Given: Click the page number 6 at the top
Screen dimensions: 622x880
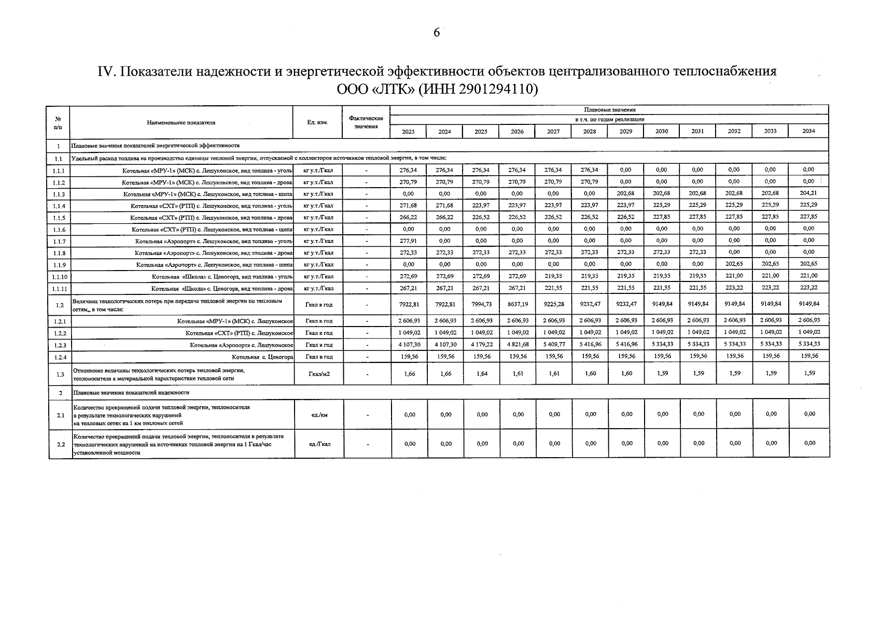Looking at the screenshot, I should tap(437, 33).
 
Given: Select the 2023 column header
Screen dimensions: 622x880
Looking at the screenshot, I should tap(408, 132).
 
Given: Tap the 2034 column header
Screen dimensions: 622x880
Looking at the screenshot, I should tap(808, 131).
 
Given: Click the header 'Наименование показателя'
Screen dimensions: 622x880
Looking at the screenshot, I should tap(181, 122).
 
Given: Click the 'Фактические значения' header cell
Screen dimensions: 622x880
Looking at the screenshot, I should tap(366, 122).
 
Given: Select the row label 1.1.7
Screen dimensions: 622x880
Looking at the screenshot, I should tap(59, 242).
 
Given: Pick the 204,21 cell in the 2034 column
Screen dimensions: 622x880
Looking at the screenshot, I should tap(808, 193).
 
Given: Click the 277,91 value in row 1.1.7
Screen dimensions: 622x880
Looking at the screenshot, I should tap(408, 241).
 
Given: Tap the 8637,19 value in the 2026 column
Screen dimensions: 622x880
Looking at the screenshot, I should tap(517, 304).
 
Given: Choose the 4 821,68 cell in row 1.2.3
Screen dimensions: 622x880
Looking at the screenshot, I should tap(517, 344).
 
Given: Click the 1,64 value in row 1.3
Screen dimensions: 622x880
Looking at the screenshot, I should tap(481, 374).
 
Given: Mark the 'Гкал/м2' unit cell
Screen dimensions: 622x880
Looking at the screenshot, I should tap(318, 374).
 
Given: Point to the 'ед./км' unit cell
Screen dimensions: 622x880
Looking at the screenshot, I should tap(318, 415).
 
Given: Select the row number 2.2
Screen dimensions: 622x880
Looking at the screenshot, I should tap(60, 444).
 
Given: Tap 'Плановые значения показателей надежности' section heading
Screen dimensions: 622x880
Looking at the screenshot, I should tap(132, 392).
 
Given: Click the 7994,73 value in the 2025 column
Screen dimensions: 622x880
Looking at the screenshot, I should tap(481, 304).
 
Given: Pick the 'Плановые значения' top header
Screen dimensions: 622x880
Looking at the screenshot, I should tap(609, 110).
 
